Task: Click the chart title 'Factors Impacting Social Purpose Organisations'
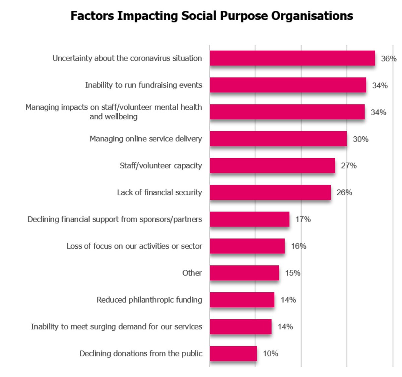[212, 16]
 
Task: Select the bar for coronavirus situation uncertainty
[292, 58]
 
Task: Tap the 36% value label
[389, 59]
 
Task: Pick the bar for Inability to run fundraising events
[288, 85]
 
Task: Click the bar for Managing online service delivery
[278, 139]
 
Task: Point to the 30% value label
[360, 139]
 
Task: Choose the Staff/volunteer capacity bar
[272, 166]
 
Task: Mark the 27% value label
[349, 166]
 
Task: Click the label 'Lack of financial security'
[159, 192]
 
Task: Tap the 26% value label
[344, 192]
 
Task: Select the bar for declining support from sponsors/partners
[250, 219]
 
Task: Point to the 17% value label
[303, 219]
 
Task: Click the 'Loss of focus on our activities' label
[134, 246]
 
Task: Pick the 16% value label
[298, 246]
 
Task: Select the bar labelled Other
[244, 273]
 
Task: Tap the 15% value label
[292, 273]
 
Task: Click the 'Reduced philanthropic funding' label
[149, 300]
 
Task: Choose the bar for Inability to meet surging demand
[241, 326]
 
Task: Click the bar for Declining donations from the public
[233, 353]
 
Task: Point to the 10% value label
[270, 353]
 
